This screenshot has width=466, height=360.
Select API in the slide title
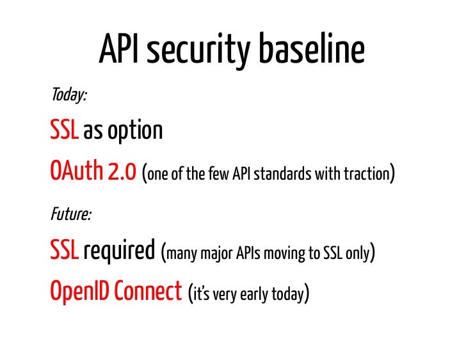point(120,50)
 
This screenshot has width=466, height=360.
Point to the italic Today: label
point(68,95)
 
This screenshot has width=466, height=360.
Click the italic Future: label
point(70,214)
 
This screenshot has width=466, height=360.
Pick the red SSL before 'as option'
point(65,131)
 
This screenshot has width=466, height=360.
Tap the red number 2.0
point(122,173)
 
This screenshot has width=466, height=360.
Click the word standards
point(282,175)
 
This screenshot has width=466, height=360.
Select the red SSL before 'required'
point(65,251)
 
